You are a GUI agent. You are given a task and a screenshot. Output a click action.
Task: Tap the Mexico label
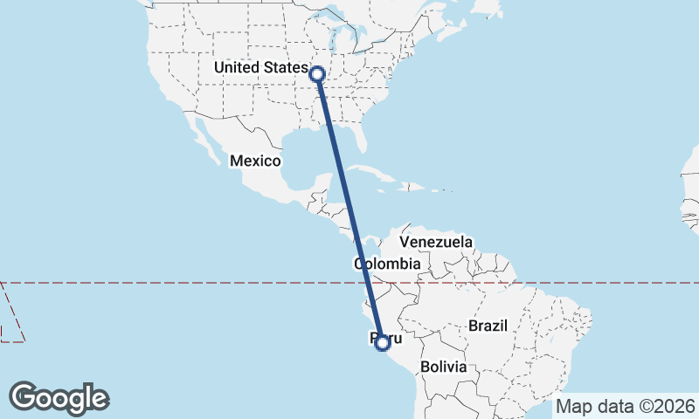point(255,161)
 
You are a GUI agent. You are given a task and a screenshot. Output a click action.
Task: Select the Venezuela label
point(435,242)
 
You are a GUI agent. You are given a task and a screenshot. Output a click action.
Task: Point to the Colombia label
point(388,264)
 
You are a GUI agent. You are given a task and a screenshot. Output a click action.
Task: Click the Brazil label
point(488,326)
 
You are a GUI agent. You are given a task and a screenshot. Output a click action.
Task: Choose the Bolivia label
point(443,367)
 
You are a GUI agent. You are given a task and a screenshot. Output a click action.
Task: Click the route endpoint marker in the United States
point(317,74)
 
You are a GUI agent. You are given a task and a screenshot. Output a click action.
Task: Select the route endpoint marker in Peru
point(382,343)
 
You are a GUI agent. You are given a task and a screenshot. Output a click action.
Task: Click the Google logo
point(59,398)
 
